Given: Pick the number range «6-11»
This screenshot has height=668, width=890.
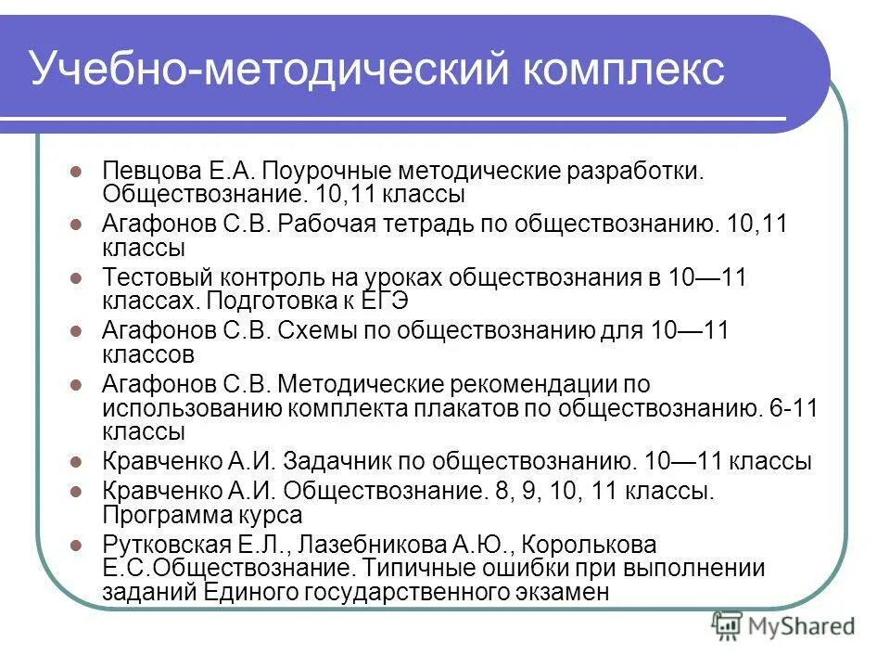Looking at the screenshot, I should (794, 408).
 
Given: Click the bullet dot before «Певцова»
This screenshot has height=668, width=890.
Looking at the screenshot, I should (78, 173).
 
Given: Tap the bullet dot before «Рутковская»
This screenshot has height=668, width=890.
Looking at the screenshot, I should (78, 545).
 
